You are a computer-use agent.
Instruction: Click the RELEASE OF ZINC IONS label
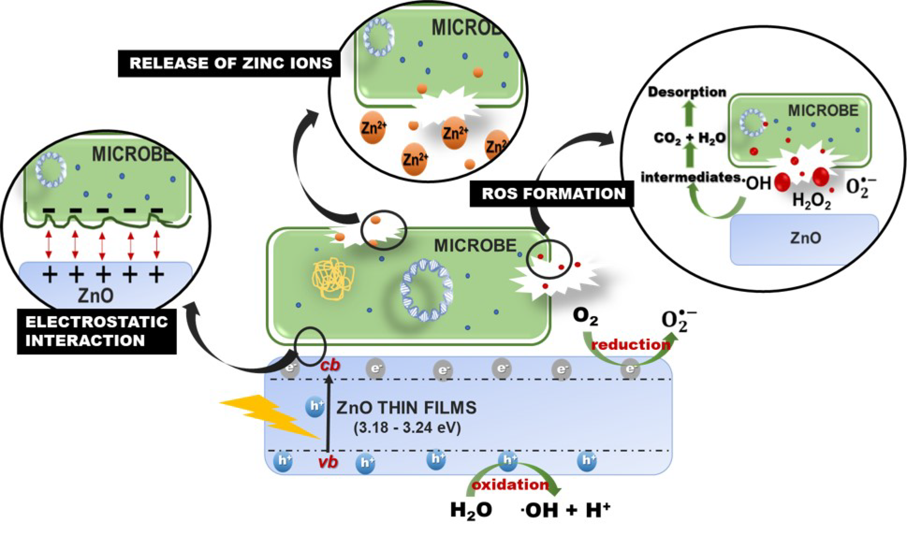click(x=230, y=63)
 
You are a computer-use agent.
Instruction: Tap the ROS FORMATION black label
click(x=553, y=194)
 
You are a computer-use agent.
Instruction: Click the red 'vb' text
click(x=328, y=462)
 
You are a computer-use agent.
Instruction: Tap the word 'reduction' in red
click(x=631, y=345)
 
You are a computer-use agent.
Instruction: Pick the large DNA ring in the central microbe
click(x=427, y=290)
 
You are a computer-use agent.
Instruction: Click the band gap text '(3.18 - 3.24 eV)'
click(x=407, y=428)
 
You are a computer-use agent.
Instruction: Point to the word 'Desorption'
click(x=687, y=92)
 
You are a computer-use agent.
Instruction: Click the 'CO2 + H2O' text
click(x=689, y=138)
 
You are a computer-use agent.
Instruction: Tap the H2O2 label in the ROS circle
click(x=811, y=200)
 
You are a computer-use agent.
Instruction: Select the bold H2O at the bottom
click(x=471, y=511)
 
